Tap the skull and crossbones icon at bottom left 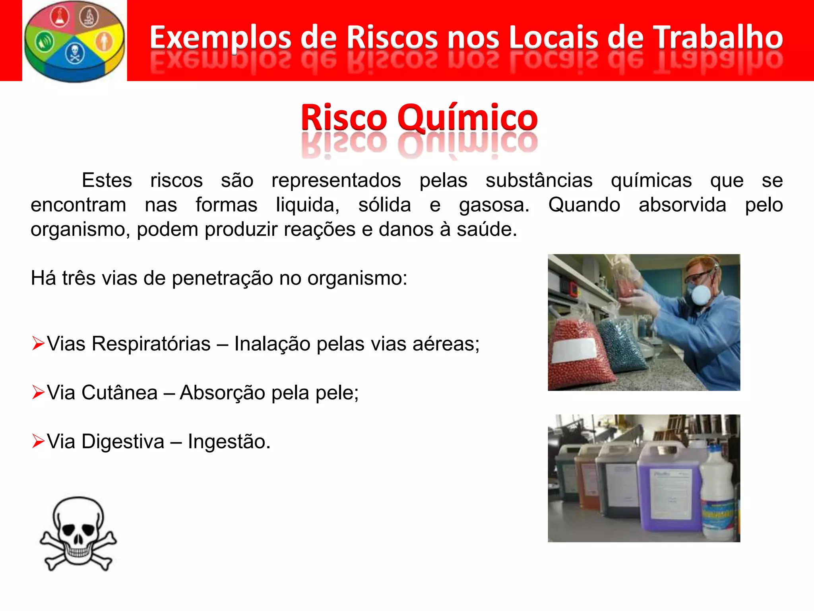coord(78,533)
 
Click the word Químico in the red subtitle coord(467,118)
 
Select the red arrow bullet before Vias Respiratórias coord(38,343)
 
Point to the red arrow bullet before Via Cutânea coord(38,392)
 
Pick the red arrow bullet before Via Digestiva coord(38,441)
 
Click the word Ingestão coord(229,442)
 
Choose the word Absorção coord(222,393)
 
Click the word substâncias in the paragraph coord(539,180)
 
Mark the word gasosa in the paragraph coord(494,205)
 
